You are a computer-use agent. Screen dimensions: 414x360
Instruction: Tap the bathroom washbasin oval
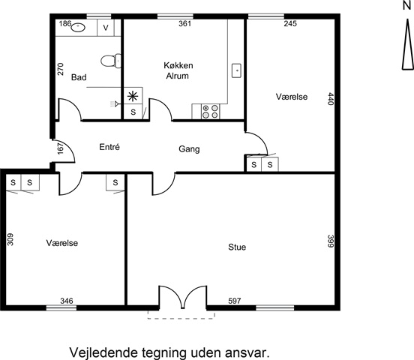[x=78, y=27]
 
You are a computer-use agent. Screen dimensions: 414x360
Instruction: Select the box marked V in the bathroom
[x=106, y=28]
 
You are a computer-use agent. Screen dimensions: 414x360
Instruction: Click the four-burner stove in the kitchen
[x=210, y=112]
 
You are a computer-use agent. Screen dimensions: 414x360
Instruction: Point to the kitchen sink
[x=236, y=70]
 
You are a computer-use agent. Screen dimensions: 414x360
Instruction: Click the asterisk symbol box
[x=133, y=96]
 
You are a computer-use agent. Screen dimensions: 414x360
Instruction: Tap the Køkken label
[x=178, y=65]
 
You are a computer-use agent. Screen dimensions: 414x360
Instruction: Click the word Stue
[x=237, y=247]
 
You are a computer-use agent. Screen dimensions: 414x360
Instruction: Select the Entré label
[x=109, y=147]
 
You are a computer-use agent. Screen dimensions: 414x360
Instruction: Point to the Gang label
[x=189, y=149]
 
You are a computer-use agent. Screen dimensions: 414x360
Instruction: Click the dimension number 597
[x=235, y=301]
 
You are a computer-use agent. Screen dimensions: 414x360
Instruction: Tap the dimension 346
[x=67, y=301]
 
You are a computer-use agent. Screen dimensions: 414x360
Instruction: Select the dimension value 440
[x=331, y=98]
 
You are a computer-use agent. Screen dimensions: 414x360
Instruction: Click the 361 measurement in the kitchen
[x=184, y=23]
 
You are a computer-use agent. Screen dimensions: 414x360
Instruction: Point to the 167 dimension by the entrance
[x=61, y=148]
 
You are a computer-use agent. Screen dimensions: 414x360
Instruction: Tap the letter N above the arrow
[x=407, y=5]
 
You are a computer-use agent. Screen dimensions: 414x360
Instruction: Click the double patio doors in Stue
[x=183, y=297]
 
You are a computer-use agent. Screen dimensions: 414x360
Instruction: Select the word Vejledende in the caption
[x=103, y=352]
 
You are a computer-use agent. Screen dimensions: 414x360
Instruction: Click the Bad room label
[x=79, y=77]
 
